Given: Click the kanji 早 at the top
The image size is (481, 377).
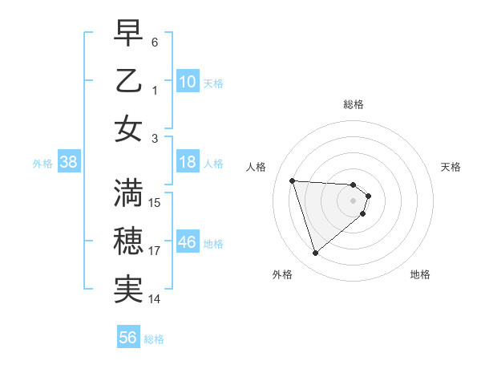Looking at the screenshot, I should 128,34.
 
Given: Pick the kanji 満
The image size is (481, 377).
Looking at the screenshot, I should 128,193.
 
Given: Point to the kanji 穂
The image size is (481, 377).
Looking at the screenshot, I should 128,241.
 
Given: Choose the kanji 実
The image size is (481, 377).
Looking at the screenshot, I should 128,289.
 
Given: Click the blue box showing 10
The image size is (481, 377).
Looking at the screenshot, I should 188,82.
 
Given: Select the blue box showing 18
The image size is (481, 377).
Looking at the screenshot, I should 188,163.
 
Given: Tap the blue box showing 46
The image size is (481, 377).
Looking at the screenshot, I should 188,242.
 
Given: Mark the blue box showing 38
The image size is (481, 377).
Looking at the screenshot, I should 68,163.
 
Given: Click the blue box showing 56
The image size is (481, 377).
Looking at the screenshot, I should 128,338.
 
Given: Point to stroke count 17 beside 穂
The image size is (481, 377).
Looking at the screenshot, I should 155,251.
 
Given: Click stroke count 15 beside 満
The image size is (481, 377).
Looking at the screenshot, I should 155,203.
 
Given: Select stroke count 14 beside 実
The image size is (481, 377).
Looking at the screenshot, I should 155,298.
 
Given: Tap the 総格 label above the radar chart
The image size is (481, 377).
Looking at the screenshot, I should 354,104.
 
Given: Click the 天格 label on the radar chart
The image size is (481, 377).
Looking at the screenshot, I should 451,167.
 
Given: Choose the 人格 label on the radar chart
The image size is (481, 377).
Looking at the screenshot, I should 257,167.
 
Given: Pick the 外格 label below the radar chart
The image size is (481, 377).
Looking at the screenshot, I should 282,274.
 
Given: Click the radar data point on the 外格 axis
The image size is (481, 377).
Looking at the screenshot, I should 315,253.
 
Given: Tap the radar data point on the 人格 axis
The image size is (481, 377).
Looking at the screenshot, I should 292,180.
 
